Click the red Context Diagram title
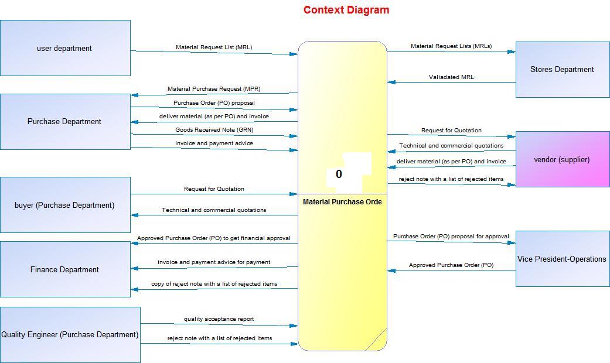pyautogui.click(x=346, y=10)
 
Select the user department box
pyautogui.click(x=64, y=48)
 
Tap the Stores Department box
pyautogui.click(x=562, y=69)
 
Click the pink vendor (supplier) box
pyautogui.click(x=562, y=159)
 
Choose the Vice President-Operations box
pyautogui.click(x=562, y=259)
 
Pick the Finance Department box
pyautogui.click(x=64, y=269)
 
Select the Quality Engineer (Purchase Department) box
pyautogui.click(x=70, y=334)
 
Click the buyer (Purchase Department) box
pyautogui.click(x=64, y=205)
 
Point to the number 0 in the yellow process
pyautogui.click(x=339, y=174)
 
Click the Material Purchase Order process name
pyautogui.click(x=342, y=202)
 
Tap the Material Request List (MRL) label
pyautogui.click(x=214, y=47)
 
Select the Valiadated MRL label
pyautogui.click(x=451, y=77)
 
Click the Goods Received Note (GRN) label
pyautogui.click(x=214, y=129)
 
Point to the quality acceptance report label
pyautogui.click(x=219, y=319)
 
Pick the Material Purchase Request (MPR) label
pyautogui.click(x=214, y=89)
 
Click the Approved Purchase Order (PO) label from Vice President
pyautogui.click(x=451, y=265)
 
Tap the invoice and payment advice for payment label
pyautogui.click(x=214, y=262)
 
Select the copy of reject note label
pyautogui.click(x=214, y=284)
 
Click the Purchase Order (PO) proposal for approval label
pyautogui.click(x=451, y=237)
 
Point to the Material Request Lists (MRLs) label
pyautogui.click(x=451, y=46)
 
